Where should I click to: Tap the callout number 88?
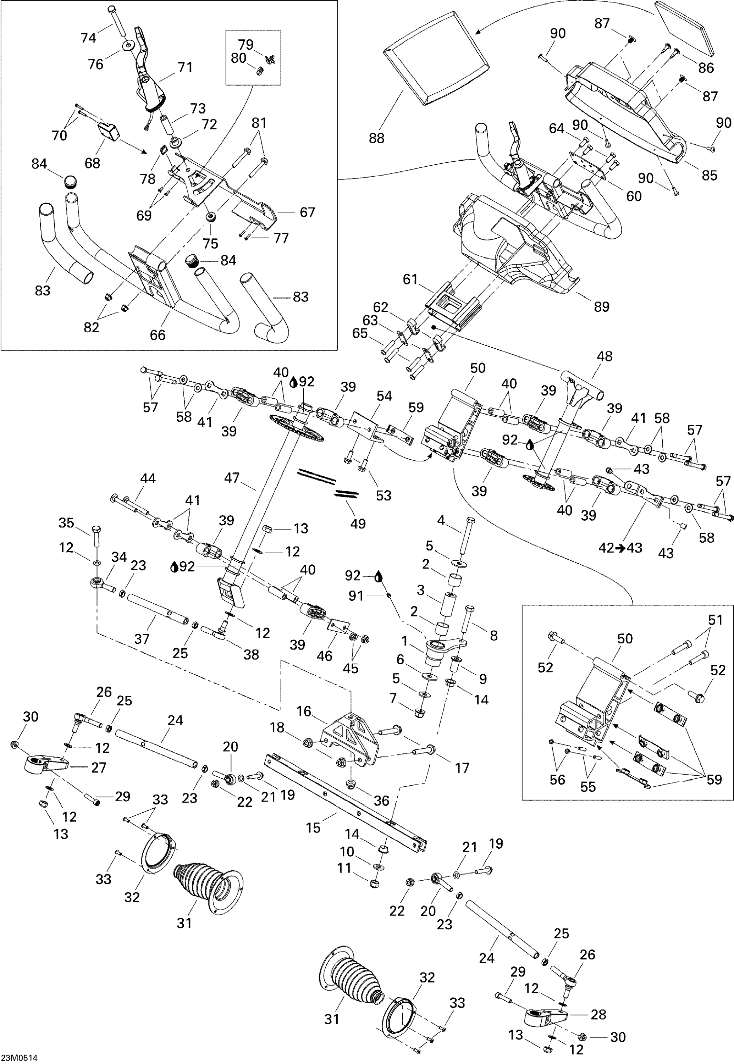tap(376, 138)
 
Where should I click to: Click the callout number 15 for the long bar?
tap(313, 828)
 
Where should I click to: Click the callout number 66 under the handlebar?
tap(157, 335)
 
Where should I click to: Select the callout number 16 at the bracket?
tap(304, 711)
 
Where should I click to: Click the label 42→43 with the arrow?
tap(620, 548)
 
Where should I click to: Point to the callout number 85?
tap(709, 175)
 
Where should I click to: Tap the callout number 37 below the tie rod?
tap(142, 639)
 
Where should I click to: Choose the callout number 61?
tap(410, 279)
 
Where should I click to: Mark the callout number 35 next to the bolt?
tap(66, 523)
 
